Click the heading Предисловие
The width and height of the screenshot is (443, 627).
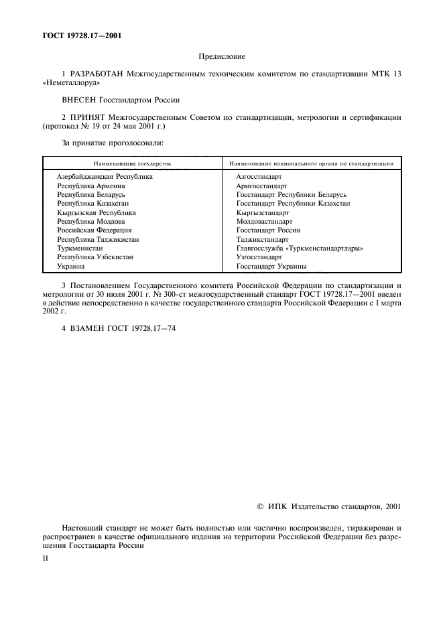click(x=221, y=57)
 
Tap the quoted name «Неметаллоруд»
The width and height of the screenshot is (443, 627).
click(x=70, y=83)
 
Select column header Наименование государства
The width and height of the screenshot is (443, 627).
click(x=132, y=163)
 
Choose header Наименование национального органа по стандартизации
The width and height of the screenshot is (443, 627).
click(x=311, y=163)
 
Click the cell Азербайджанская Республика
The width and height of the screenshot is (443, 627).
click(x=105, y=176)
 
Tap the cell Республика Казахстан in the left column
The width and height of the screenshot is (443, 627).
click(x=93, y=203)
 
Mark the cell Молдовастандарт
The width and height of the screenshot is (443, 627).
click(x=264, y=221)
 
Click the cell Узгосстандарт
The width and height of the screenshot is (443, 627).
click(x=259, y=257)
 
